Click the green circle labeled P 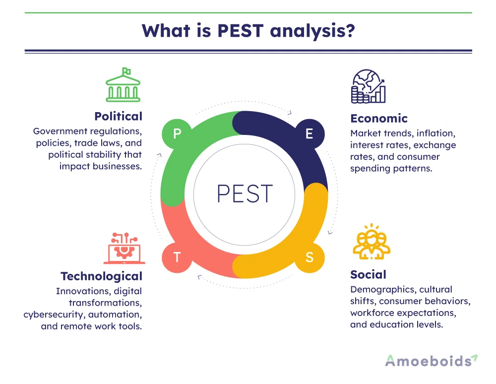177,134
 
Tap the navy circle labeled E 310,134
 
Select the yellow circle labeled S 310,257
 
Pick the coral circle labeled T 177,257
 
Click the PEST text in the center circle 245,194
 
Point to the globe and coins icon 369,87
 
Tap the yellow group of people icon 372,243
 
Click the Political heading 118,117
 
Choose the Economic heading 379,119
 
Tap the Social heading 368,274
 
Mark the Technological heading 101,276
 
